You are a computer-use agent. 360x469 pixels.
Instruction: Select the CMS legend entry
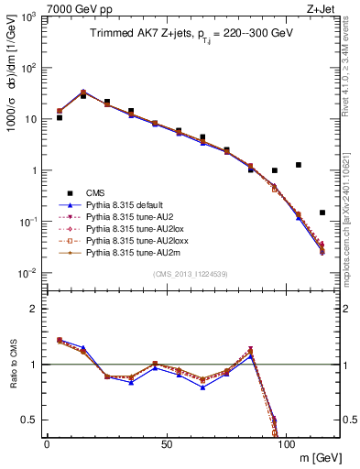coord(95,193)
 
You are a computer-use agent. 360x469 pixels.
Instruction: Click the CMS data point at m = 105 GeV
coord(299,165)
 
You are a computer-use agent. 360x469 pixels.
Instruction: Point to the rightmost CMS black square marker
coord(322,213)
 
